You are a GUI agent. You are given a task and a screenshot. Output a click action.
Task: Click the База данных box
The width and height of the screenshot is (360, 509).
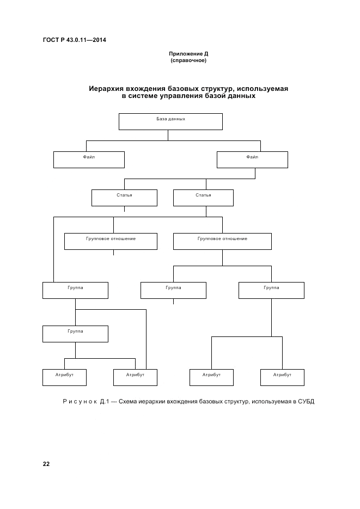[170, 121]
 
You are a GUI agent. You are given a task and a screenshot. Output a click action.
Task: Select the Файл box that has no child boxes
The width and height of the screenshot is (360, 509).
[89, 160]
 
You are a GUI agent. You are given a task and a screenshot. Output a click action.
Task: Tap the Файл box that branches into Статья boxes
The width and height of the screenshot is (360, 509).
[252, 160]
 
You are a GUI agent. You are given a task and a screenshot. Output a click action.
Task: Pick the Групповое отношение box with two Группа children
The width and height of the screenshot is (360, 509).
[222, 241]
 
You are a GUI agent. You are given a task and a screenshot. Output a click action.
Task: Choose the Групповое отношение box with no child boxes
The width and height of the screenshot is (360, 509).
[111, 241]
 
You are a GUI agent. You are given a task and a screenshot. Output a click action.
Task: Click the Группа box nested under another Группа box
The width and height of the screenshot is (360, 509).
[75, 334]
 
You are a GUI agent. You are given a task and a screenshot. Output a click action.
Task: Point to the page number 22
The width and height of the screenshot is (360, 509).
[46, 464]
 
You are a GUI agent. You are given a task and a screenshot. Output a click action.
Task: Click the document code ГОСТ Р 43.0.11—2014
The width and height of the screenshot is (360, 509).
[75, 40]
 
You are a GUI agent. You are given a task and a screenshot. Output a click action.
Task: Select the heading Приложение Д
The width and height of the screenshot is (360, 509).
[188, 54]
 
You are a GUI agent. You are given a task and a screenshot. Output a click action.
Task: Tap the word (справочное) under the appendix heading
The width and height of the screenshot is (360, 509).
[188, 60]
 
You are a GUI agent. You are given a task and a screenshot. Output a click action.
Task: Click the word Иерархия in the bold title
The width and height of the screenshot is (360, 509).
[107, 88]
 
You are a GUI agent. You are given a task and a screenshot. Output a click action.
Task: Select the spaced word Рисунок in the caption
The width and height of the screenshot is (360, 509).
[81, 402]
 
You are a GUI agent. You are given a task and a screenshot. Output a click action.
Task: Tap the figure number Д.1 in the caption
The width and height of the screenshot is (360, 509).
[106, 402]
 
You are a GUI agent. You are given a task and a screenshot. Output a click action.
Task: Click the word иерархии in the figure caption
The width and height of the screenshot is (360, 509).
[161, 402]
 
